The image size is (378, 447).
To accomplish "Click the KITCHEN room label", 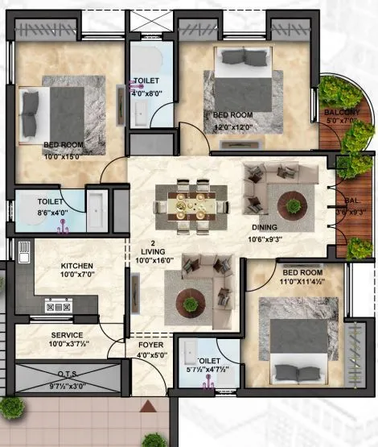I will tap(77, 266).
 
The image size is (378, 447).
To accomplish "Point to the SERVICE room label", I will tap(68, 335).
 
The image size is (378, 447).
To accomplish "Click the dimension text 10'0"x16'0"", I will tap(152, 260).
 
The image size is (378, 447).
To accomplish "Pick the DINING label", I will tap(265, 228).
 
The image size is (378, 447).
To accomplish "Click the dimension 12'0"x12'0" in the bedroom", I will tap(232, 126).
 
